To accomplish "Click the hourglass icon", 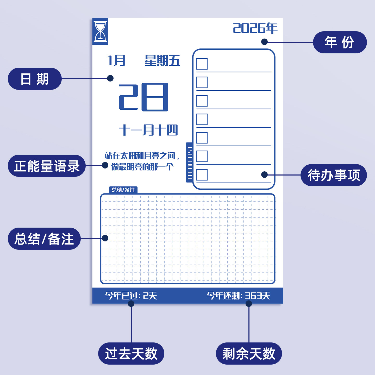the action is coord(100,32).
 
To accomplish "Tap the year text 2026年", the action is coord(255,28).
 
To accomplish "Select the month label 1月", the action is coord(116,60).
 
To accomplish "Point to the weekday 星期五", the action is coord(162,61).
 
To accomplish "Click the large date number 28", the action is coord(143,97).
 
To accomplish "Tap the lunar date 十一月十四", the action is coord(148,130).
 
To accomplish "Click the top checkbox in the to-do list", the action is coord(202,64).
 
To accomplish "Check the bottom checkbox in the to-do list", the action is coord(202,175).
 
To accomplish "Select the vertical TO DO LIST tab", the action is coord(190,162).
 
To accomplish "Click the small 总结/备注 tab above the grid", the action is coord(123,190).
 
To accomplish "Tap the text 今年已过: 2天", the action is coord(131,296).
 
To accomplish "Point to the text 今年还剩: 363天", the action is coord(238,296).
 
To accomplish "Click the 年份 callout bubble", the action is coord(340,42).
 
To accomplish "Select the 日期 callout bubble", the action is coord(35,79).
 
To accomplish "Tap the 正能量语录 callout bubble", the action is coord(47,166).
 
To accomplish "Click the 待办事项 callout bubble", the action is coord(334,175).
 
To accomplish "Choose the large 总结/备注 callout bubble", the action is coord(44,239).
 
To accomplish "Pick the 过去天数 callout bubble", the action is coord(131,353).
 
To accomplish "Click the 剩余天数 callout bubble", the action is coord(249,353).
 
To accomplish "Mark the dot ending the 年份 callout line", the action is coord(264,42).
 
